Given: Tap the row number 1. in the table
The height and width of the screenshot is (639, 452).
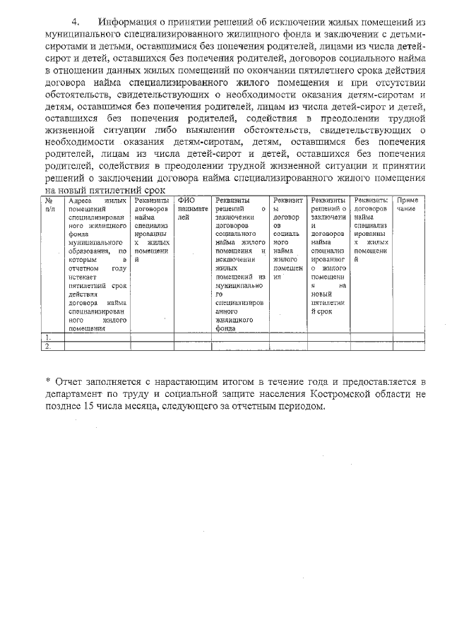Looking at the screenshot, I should click(x=48, y=338).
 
